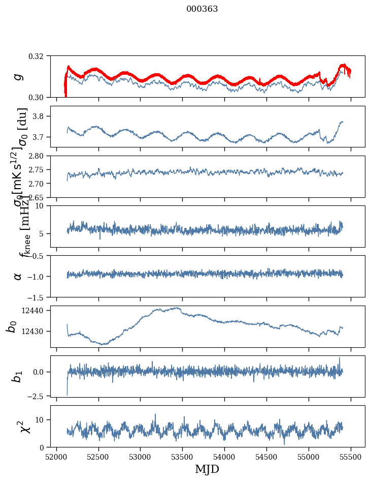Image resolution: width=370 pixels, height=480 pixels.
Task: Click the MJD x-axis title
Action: pyautogui.click(x=207, y=469)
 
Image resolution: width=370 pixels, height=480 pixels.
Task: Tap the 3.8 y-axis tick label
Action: pyautogui.click(x=42, y=116)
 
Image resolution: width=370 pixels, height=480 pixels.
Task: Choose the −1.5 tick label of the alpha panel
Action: pyautogui.click(x=39, y=297)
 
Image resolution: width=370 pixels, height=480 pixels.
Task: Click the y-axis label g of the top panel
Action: pyautogui.click(x=18, y=76)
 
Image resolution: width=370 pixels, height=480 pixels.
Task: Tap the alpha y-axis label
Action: pyautogui.click(x=18, y=276)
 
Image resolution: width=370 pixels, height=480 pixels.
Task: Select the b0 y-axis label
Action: pyautogui.click(x=11, y=326)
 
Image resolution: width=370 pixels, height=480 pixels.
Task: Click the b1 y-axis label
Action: pyautogui.click(x=17, y=376)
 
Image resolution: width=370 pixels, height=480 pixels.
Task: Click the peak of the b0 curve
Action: pyautogui.click(x=178, y=307)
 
